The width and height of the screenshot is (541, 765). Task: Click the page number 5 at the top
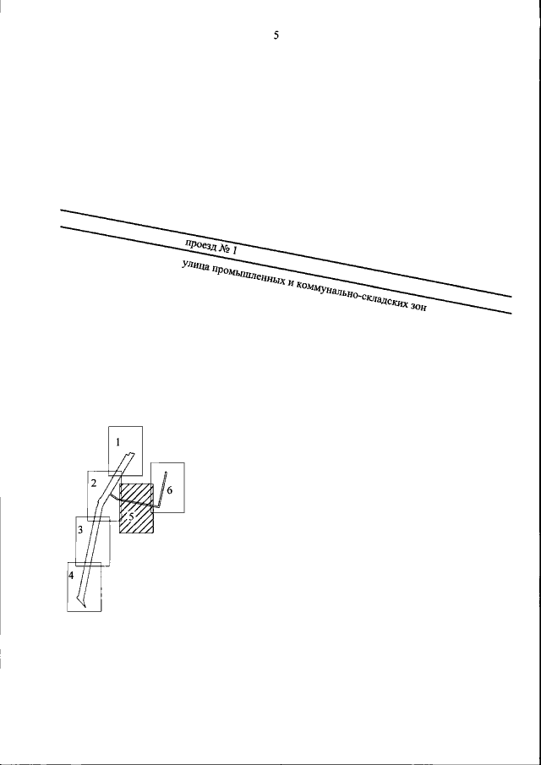tap(276, 36)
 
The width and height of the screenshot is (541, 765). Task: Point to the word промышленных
tap(245, 277)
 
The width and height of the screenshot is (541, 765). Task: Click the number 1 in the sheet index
tap(118, 442)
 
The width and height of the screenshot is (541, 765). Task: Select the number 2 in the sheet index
tap(93, 484)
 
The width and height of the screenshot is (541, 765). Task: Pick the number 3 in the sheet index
tap(81, 529)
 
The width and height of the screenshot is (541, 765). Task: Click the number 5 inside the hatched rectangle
tap(131, 516)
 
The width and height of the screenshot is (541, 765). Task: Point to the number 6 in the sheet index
tap(169, 490)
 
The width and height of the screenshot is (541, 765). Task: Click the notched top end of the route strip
tap(131, 456)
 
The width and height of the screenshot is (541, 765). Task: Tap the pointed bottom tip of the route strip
tap(85, 608)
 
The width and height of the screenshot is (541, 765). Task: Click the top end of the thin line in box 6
tap(166, 472)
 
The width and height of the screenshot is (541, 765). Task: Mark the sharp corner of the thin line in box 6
tap(157, 508)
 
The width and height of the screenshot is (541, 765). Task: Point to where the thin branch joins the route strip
tap(110, 494)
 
